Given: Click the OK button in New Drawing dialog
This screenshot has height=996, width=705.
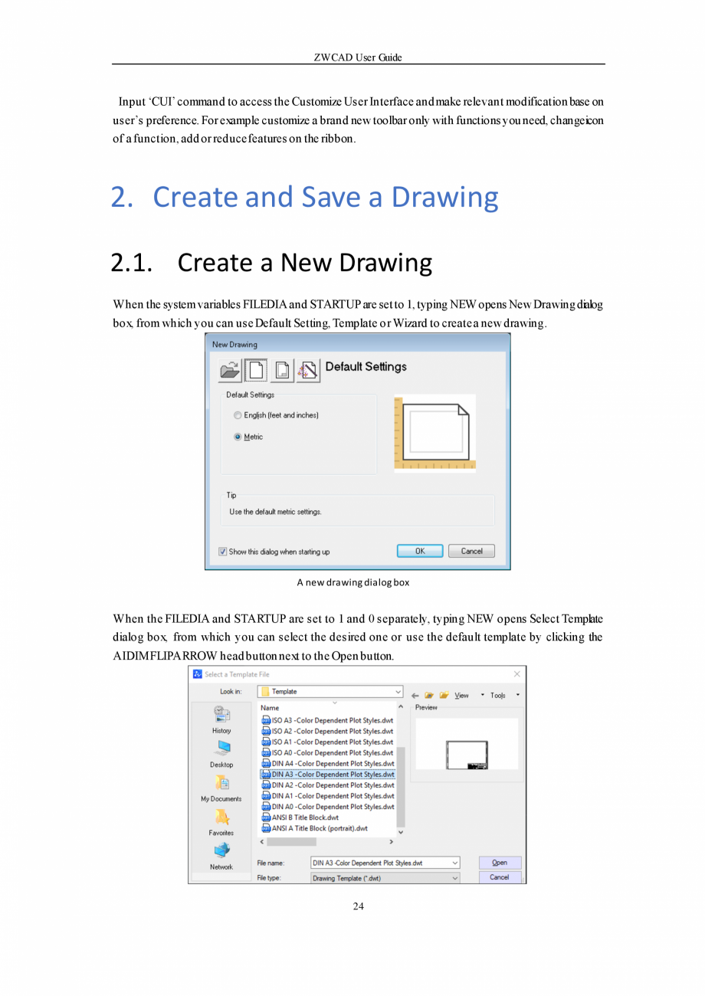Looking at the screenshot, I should coord(420,551).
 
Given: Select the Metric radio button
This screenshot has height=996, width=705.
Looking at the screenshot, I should coord(238,437).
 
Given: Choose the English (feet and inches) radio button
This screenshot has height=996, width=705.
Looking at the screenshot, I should coord(238,415).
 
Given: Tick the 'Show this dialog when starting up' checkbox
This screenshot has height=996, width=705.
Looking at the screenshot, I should coord(223,552).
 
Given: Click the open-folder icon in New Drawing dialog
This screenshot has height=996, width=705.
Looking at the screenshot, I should coord(229,370).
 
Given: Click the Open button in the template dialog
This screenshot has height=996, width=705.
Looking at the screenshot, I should coord(499,863).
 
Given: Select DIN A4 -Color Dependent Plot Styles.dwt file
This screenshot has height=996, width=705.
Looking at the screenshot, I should coord(332,764).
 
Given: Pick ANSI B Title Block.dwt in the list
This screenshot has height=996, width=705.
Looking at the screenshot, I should coord(304,817).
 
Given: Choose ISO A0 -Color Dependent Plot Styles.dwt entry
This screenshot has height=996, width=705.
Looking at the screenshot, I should coord(332,753).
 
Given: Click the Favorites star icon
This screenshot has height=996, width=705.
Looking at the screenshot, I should coord(221,817).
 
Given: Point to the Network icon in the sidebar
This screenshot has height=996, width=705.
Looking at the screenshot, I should coord(221,850).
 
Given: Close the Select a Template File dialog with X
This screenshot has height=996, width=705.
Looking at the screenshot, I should coord(516,674).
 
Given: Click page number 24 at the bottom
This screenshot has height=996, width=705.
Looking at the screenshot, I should coord(358,906).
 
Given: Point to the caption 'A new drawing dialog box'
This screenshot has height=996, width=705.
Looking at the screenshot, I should coord(352,582).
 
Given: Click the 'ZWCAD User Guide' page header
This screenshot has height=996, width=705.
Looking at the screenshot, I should coord(358,57).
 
